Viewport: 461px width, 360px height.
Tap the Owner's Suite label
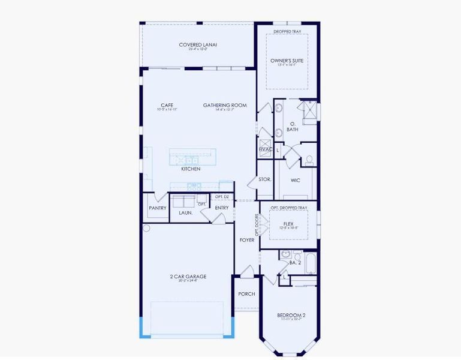click(x=287, y=61)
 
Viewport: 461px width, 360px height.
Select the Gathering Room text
click(x=225, y=106)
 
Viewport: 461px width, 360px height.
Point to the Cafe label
click(x=167, y=106)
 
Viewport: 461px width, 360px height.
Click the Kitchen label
click(x=191, y=169)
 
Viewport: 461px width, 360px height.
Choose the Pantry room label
click(x=157, y=208)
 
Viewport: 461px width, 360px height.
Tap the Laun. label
click(x=185, y=212)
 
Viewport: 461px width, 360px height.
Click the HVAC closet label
click(x=265, y=149)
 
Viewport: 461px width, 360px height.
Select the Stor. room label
click(x=264, y=179)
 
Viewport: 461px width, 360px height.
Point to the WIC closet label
click(x=296, y=180)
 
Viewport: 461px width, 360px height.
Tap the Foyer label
click(x=247, y=240)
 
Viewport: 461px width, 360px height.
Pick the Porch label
click(x=246, y=294)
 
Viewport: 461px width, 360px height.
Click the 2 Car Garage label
click(x=188, y=277)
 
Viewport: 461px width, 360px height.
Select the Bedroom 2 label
click(x=291, y=316)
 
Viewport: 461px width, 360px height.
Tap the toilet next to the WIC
click(x=309, y=160)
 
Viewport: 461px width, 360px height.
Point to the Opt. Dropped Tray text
click(x=288, y=208)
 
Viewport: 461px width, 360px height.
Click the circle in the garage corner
click(x=146, y=228)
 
